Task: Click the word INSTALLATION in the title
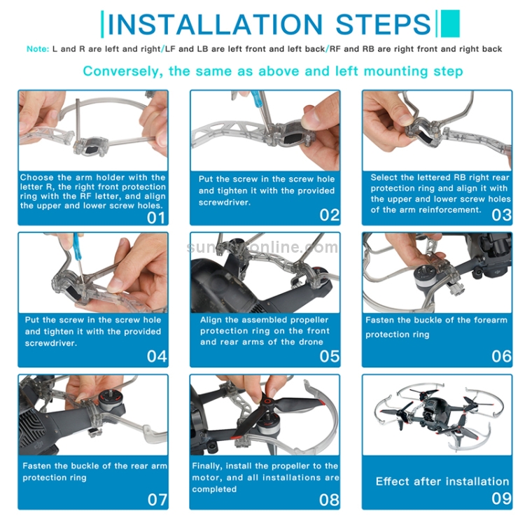coord(215,24)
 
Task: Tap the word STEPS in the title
coord(383,24)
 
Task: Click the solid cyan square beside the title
coord(450,23)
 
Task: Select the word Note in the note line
coord(38,49)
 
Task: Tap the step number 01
coord(156,218)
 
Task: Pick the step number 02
coord(330,215)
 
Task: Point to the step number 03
coord(501,215)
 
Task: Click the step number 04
coord(157,356)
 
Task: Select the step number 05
coord(330,356)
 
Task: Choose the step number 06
coord(501,356)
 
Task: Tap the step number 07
coord(157,500)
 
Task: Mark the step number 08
coord(329,500)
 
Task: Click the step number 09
coord(501,498)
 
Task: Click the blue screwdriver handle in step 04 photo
coord(78,247)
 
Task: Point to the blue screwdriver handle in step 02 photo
coord(255,99)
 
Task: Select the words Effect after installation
coord(442,481)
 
